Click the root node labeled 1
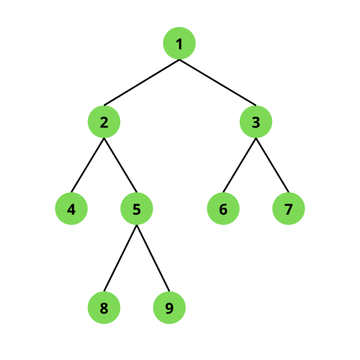[179, 43]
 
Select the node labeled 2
[104, 122]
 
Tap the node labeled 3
[256, 122]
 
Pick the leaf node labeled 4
[71, 208]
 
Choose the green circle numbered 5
[137, 208]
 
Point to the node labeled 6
[223, 208]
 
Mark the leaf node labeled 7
[289, 208]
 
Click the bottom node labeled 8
[104, 308]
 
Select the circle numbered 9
[169, 308]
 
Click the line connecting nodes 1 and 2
[142, 82]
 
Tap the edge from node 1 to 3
[218, 82]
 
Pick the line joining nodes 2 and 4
[88, 165]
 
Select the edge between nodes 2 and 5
[120, 165]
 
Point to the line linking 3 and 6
[240, 165]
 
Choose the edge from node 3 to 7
[272, 165]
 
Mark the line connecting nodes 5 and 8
[120, 258]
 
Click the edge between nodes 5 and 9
[153, 258]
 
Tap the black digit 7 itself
[289, 209]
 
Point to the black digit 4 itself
[71, 209]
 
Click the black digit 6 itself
[223, 209]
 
